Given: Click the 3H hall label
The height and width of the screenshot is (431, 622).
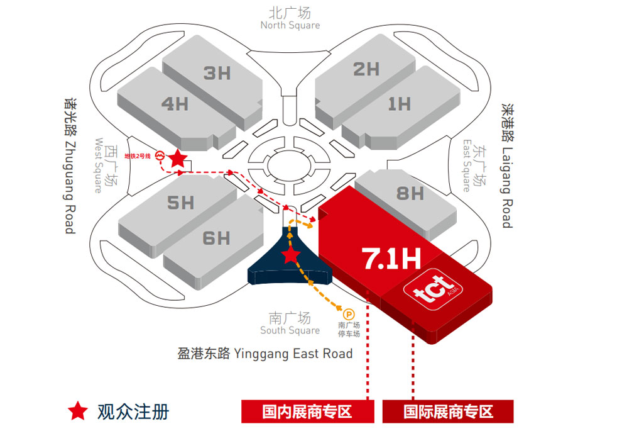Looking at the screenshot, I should tap(217, 73).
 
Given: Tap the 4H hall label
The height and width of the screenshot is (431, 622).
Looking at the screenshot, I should tap(175, 103).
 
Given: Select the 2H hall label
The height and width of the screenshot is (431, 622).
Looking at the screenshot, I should tap(366, 69).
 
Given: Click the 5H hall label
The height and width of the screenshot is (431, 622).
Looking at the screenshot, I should tap(180, 203).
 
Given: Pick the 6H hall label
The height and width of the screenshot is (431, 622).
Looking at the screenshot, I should tap(216, 238).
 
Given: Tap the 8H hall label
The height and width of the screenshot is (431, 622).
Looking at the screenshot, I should tap(410, 193).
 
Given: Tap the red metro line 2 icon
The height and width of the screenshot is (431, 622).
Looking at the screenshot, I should tap(160, 155).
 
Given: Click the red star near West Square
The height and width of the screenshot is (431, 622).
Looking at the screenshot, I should tap(178, 159).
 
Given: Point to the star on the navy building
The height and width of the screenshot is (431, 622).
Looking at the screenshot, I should tap(290, 255).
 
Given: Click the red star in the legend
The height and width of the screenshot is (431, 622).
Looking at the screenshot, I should tap(78, 411).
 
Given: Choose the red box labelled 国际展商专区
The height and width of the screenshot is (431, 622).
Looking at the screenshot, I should tap(448, 412).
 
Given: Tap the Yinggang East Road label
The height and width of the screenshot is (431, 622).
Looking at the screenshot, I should tap(265, 353).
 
